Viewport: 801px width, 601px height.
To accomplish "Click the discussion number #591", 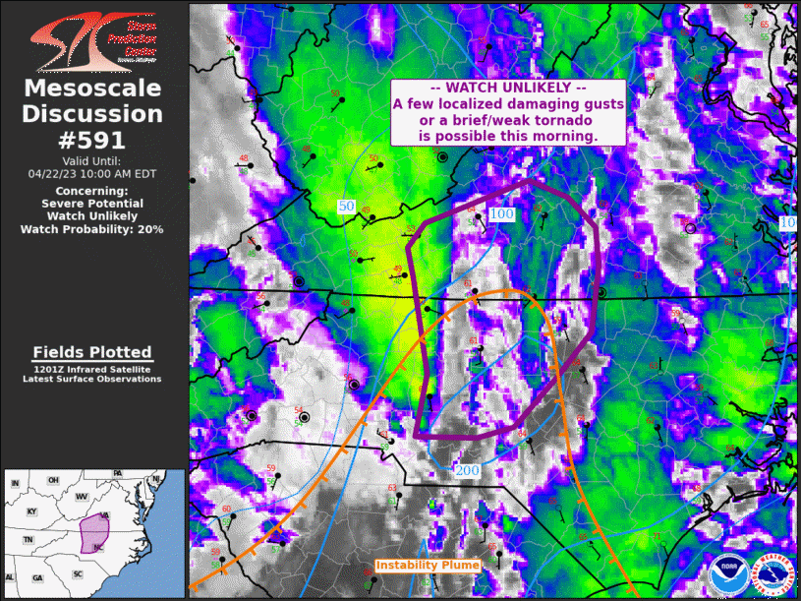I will [x=92, y=140].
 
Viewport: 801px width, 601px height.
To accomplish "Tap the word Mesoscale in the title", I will [x=92, y=90].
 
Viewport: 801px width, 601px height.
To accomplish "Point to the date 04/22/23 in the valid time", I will [x=62, y=173].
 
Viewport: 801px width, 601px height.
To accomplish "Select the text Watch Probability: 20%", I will [x=92, y=228].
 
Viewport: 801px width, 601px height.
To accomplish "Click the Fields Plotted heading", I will [x=92, y=352].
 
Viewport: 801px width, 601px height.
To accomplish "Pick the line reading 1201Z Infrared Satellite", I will [x=92, y=368].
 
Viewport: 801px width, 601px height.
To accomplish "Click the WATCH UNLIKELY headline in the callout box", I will [x=508, y=88].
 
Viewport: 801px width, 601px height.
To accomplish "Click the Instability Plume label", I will [x=428, y=566].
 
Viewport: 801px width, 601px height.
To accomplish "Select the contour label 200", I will [x=467, y=471].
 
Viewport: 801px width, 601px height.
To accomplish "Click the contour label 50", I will [x=345, y=207].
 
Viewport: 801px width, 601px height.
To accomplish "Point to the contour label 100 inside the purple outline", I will [x=501, y=213].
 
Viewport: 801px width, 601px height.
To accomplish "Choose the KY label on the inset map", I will [x=32, y=511].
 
